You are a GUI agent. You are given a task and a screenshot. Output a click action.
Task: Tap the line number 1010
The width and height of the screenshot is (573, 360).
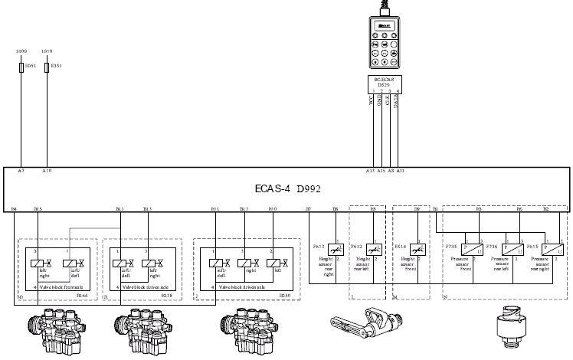tap(46, 52)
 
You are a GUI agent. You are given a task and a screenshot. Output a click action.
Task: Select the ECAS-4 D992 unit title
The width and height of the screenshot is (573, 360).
tap(287, 187)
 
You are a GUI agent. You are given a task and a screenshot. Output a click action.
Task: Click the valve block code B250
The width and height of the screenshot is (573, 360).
tap(284, 293)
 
